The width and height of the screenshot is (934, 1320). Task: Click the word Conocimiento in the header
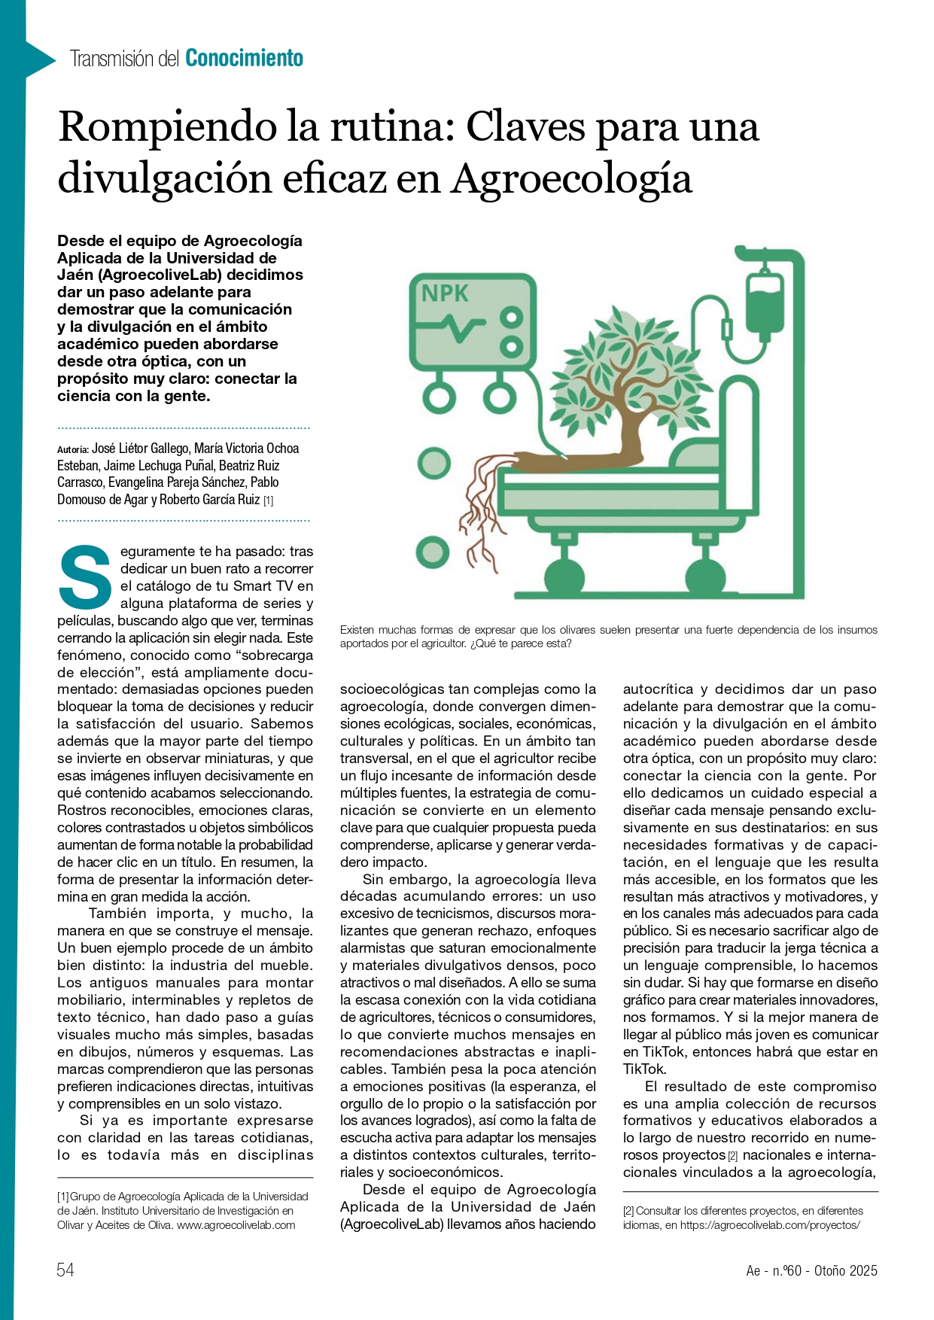(244, 58)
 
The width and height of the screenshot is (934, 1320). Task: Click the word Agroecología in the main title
(571, 179)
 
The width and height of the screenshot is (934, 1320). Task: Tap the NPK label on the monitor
(445, 294)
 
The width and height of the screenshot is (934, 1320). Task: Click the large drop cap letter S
(85, 577)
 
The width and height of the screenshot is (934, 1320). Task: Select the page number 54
(65, 1270)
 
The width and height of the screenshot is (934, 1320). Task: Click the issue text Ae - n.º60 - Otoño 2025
(811, 1270)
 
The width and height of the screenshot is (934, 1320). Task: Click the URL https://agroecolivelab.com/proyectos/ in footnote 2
(770, 1225)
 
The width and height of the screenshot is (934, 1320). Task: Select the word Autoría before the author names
(73, 449)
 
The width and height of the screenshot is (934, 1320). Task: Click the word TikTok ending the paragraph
(643, 1069)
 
